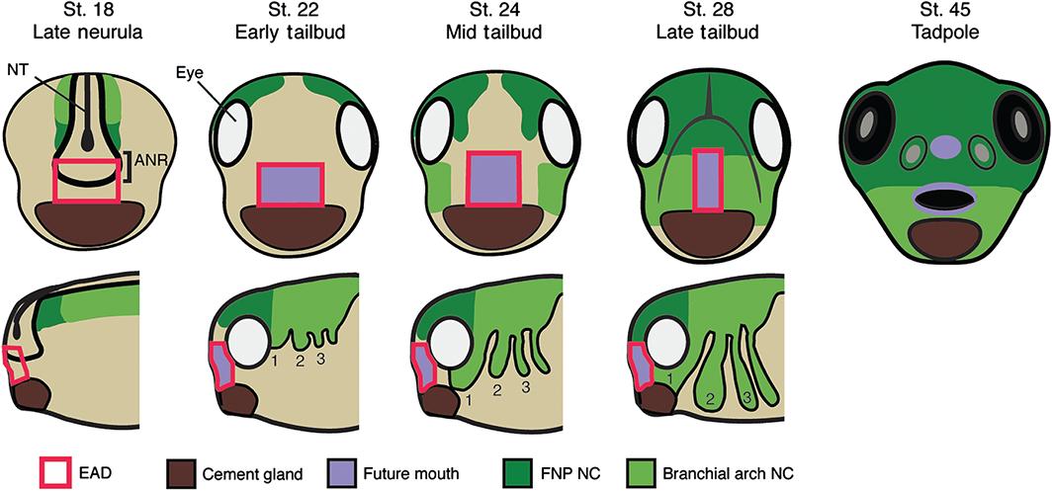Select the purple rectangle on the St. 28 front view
coord(706,179)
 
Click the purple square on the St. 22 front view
coord(289,185)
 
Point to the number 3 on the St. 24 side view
coord(525,386)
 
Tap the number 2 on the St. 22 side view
coord(299,362)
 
